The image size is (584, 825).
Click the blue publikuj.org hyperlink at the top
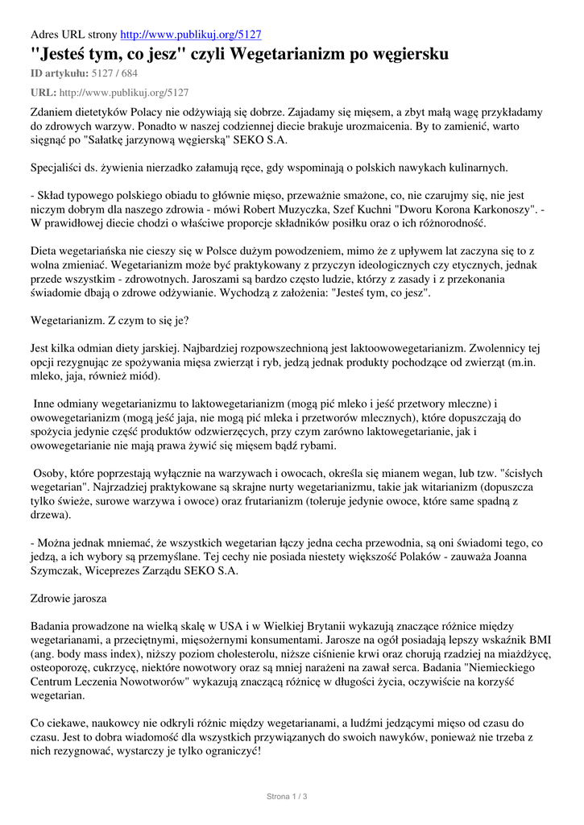(190, 35)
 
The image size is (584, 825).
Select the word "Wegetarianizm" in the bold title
(281, 55)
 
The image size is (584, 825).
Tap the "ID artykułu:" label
(60, 73)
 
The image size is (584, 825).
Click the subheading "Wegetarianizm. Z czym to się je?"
(110, 320)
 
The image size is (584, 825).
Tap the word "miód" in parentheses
(143, 376)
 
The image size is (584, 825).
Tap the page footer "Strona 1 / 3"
(288, 797)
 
